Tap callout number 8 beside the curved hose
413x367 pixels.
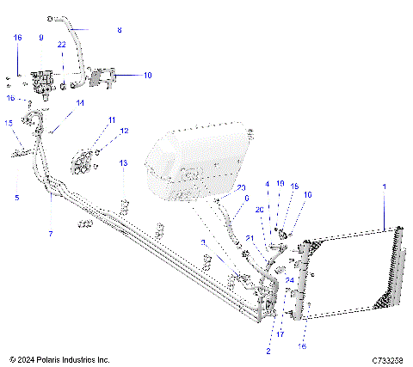(x=120, y=30)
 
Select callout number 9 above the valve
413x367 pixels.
(x=40, y=38)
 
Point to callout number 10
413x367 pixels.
(x=147, y=76)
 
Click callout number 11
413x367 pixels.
(x=111, y=119)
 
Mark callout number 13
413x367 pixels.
(x=123, y=162)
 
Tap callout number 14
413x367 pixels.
(x=79, y=102)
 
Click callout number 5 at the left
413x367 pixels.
(x=16, y=198)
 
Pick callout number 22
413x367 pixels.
(x=61, y=44)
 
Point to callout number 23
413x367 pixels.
(x=241, y=187)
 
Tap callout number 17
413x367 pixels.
(x=280, y=334)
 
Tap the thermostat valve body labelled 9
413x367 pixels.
(x=40, y=83)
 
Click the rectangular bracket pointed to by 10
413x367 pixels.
(x=103, y=77)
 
